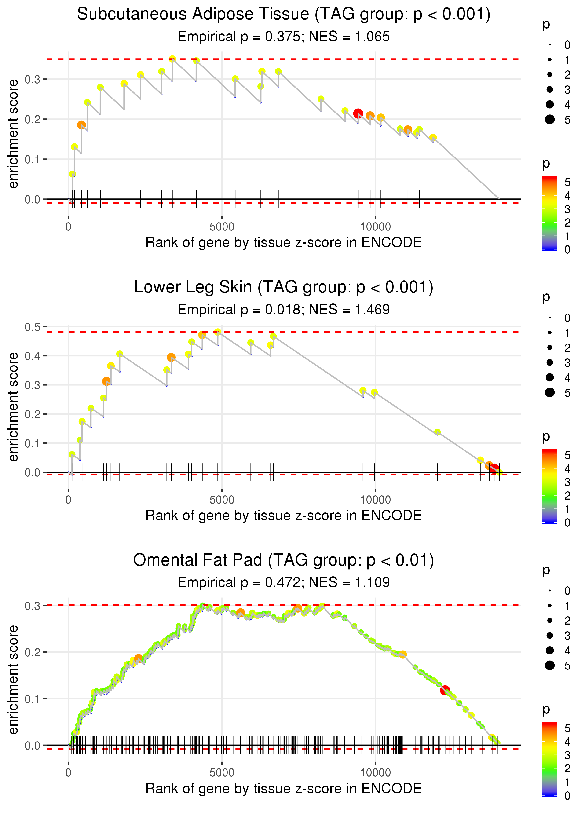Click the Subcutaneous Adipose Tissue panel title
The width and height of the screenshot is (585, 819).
284,15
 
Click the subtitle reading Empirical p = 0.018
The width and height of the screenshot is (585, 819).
284,309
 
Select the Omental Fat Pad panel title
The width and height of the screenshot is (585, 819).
284,560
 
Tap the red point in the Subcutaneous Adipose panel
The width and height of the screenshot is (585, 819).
358,114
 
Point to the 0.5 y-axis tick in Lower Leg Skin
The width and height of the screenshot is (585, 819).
33,327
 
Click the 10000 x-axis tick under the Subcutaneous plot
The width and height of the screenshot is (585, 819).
375,227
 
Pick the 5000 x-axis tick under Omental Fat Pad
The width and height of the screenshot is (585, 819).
222,772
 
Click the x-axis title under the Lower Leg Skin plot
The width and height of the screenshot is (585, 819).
284,516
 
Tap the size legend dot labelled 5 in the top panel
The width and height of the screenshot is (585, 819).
550,119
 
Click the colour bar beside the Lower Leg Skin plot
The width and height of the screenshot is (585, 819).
549,486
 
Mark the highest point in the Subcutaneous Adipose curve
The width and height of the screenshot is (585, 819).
172,59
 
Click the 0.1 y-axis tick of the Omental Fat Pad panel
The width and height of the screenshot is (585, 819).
33,699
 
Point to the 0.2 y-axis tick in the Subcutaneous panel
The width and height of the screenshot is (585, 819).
33,119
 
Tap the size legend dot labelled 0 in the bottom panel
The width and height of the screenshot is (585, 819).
550,591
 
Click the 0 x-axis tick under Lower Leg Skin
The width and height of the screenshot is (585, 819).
68,500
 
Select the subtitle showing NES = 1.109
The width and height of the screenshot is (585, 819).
284,582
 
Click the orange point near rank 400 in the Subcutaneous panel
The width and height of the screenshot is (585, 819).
81,125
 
